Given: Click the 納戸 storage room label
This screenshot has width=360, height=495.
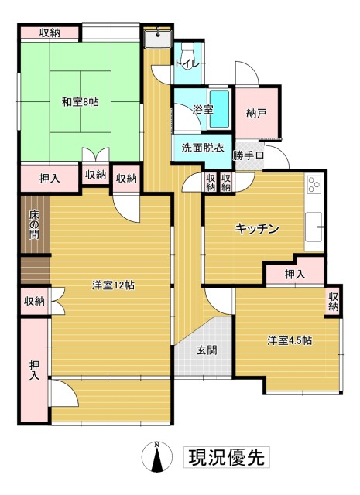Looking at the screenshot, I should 257,114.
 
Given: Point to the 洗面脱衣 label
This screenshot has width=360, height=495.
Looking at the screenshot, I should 202,148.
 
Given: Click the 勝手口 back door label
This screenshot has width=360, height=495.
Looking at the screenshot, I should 249,155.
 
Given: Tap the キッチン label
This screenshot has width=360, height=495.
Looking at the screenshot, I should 256,229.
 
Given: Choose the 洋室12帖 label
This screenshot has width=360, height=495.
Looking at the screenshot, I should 113,285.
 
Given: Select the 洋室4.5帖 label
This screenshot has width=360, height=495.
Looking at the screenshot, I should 290,340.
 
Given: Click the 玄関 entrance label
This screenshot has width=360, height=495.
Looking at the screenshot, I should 206,350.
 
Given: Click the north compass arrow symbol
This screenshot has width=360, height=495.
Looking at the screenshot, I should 157,458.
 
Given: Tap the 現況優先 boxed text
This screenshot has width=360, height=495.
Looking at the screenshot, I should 226,456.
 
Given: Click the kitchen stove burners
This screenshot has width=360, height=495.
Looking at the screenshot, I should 314,184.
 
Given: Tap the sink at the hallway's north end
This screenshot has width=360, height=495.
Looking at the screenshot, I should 157,36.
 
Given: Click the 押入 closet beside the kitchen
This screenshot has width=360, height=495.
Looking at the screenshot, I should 293,274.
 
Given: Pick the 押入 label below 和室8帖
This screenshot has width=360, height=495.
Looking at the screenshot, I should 50,178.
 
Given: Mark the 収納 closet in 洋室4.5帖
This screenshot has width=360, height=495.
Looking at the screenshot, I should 333,302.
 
